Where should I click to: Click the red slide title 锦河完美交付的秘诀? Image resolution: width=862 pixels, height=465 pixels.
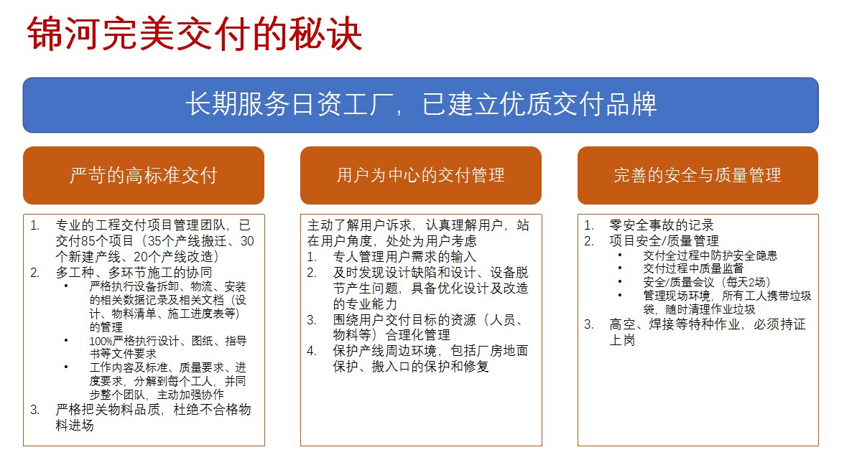tap(195, 34)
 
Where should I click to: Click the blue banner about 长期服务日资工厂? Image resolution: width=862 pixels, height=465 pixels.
tap(421, 105)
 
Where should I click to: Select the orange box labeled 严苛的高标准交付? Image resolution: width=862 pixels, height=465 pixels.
tap(144, 175)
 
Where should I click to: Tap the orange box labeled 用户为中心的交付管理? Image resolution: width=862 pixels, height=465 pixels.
tap(421, 175)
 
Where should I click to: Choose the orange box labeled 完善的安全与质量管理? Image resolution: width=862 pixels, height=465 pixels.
tap(698, 175)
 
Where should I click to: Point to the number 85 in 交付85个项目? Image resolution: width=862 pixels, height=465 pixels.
tap(89, 241)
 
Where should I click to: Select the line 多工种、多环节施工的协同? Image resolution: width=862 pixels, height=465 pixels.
tap(134, 273)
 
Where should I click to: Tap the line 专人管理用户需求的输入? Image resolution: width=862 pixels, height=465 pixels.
tap(404, 257)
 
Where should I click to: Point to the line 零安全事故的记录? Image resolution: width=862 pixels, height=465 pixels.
tap(662, 225)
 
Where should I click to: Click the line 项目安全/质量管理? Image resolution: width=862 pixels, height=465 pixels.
tap(664, 241)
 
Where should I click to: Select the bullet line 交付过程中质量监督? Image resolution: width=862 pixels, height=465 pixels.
tap(693, 268)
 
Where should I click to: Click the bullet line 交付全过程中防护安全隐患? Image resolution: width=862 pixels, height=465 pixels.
tap(710, 255)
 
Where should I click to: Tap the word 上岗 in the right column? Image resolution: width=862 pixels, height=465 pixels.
tap(622, 340)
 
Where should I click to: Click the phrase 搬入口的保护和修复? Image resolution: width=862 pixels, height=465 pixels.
tap(430, 366)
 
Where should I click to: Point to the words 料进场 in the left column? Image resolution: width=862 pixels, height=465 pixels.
tap(75, 426)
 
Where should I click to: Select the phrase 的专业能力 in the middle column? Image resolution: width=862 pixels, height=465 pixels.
tap(365, 304)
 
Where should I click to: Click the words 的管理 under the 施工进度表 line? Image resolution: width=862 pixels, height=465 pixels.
tap(106, 327)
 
